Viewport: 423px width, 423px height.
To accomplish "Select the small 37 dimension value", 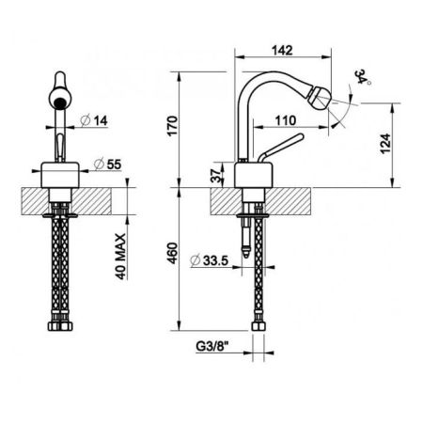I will coord(219,175).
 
